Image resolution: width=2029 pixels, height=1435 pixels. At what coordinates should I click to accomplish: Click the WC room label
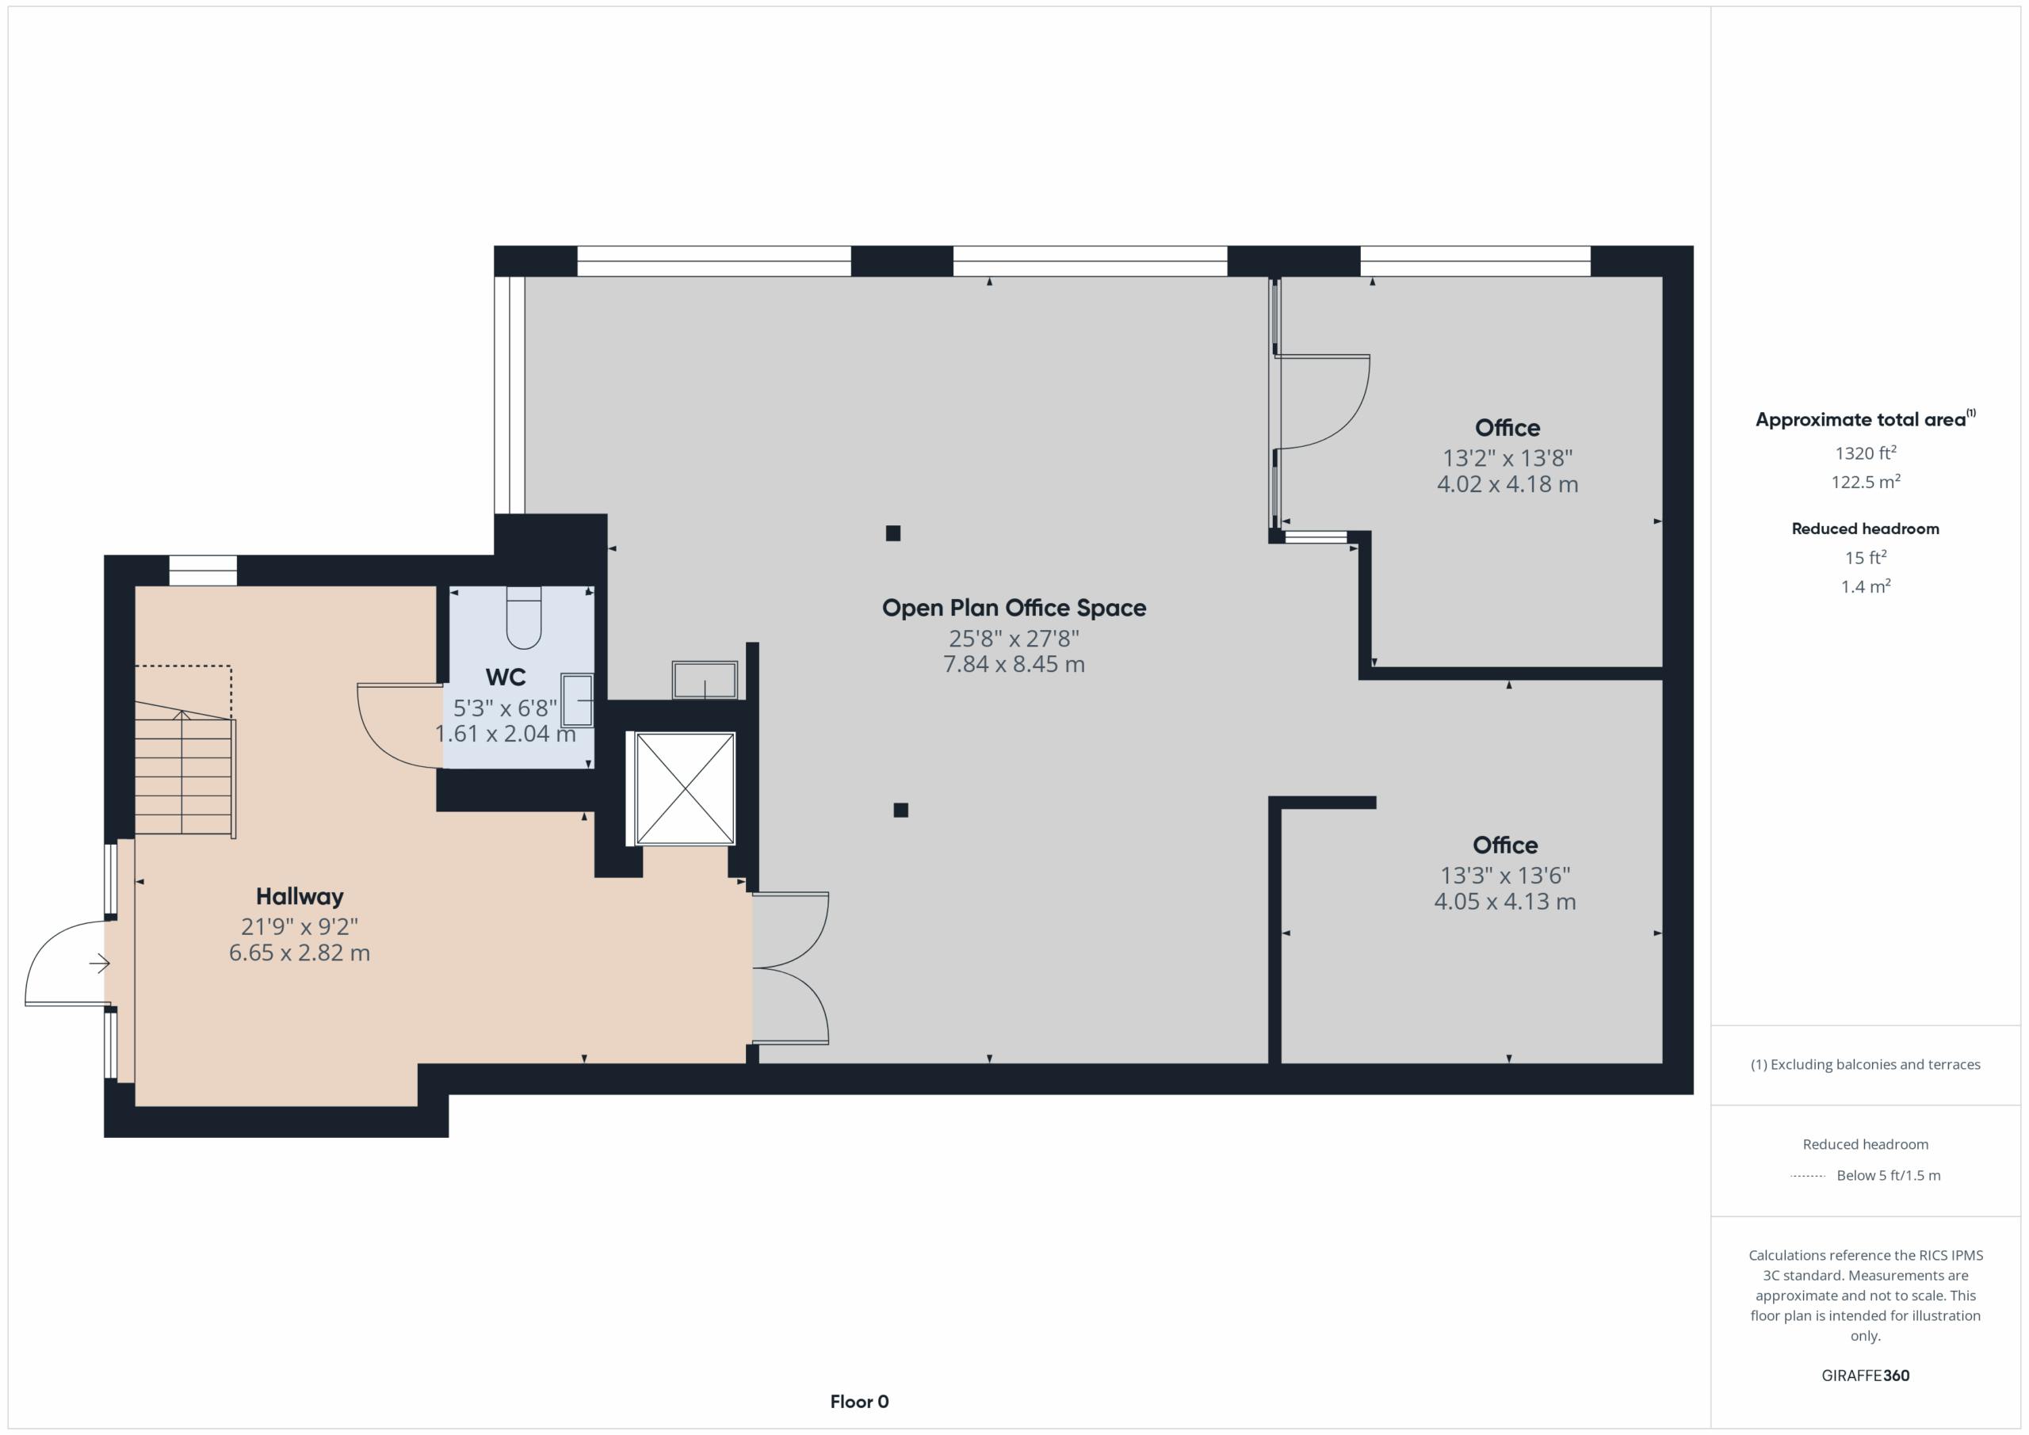click(x=506, y=677)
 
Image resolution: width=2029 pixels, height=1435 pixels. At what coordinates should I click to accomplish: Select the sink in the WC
click(x=578, y=700)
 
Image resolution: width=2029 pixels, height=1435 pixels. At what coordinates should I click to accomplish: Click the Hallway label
click(x=300, y=896)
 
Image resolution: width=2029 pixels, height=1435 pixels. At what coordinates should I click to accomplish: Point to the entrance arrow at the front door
click(x=99, y=964)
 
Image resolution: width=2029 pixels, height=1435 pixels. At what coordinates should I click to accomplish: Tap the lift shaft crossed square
click(x=686, y=788)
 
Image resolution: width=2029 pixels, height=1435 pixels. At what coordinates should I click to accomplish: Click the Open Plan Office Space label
click(x=1014, y=608)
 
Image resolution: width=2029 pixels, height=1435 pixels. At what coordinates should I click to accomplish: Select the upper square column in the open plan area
click(x=893, y=532)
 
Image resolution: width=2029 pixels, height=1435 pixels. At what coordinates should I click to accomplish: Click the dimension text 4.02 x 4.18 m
click(x=1507, y=484)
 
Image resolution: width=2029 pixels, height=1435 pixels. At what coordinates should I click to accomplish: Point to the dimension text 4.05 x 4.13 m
click(x=1505, y=901)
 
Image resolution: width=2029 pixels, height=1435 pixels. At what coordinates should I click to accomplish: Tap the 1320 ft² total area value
click(x=1866, y=452)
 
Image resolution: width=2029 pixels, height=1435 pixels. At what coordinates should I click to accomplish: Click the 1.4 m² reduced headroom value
click(x=1866, y=586)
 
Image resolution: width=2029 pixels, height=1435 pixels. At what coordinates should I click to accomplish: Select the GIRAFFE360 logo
click(x=1866, y=1376)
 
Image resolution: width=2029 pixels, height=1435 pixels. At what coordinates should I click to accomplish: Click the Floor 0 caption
click(x=860, y=1402)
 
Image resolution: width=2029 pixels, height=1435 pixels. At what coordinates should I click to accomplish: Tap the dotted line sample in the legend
click(x=1807, y=1176)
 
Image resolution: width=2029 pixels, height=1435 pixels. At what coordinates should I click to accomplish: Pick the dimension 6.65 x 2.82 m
click(x=300, y=952)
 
